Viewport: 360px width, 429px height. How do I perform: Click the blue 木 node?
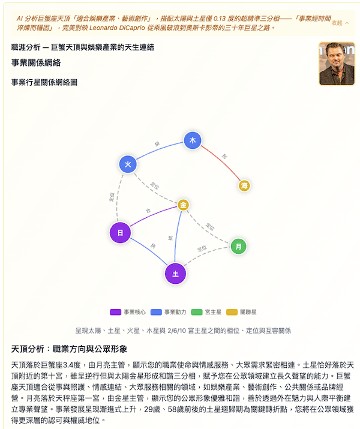pyautogui.click(x=193, y=140)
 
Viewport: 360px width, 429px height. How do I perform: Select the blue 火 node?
pyautogui.click(x=128, y=164)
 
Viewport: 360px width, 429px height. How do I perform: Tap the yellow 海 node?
pyautogui.click(x=244, y=186)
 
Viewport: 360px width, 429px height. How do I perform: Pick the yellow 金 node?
pyautogui.click(x=183, y=206)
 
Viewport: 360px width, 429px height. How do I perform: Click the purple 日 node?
pyautogui.click(x=121, y=232)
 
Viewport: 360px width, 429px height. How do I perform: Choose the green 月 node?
pyautogui.click(x=238, y=246)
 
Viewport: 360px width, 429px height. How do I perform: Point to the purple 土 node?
pyautogui.click(x=175, y=274)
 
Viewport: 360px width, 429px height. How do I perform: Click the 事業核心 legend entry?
pyautogui.click(x=128, y=312)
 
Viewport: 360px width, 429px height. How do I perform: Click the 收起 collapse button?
pyautogui.click(x=340, y=23)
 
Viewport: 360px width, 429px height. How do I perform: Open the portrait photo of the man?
pyautogui.click(x=337, y=64)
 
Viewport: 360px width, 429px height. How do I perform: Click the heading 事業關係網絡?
pyautogui.click(x=36, y=62)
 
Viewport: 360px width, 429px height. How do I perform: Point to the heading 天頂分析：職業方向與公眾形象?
pyautogui.click(x=69, y=349)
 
